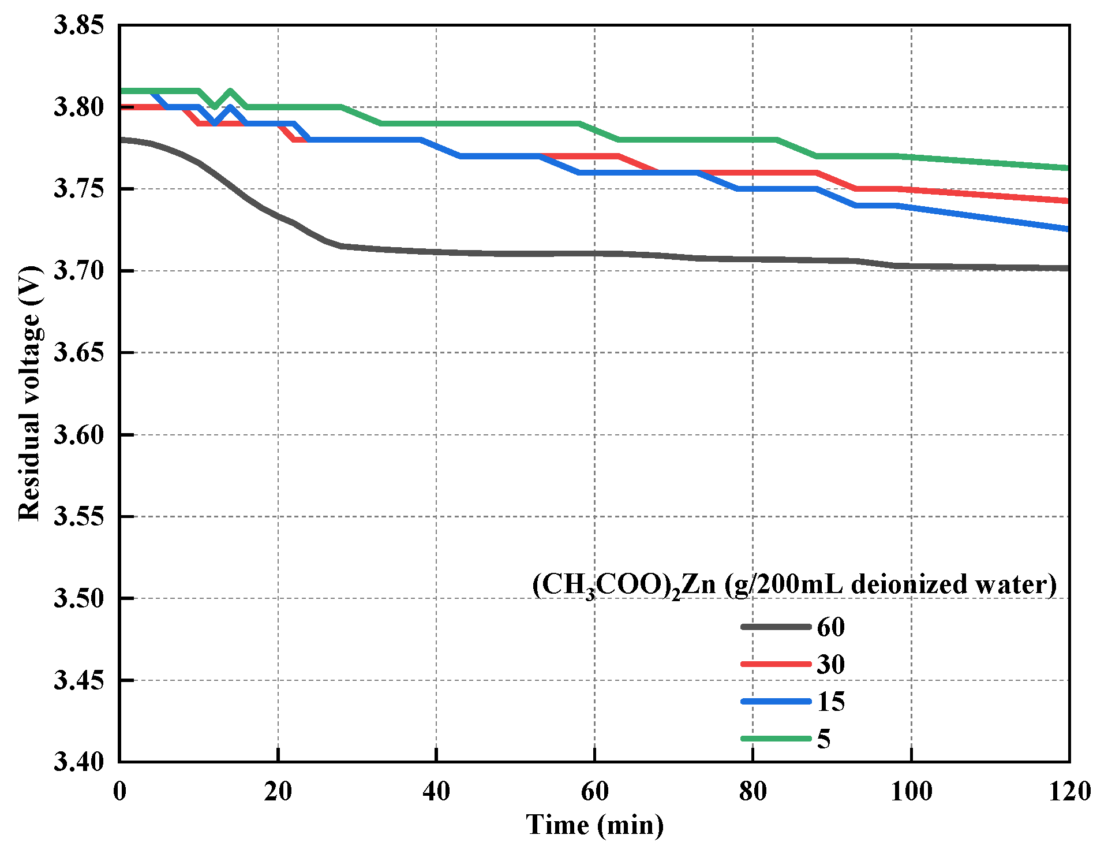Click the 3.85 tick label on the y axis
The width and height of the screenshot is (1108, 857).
tap(79, 25)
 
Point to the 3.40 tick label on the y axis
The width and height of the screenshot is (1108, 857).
tap(79, 762)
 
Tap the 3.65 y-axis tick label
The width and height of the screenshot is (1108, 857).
tap(79, 353)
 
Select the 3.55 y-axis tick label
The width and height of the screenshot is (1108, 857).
tap(79, 516)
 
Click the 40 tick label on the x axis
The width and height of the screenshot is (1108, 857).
tap(436, 791)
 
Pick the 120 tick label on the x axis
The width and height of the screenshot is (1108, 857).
tap(1069, 791)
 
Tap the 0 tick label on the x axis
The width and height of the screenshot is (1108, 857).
tap(119, 791)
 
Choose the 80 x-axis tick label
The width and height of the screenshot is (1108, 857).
tap(753, 791)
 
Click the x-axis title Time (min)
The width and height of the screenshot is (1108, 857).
tap(594, 825)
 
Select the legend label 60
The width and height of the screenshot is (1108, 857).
tap(830, 627)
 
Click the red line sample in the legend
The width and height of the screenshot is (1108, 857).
tap(776, 664)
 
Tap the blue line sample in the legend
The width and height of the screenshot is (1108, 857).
tap(776, 702)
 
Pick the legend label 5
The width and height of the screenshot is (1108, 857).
tap(824, 739)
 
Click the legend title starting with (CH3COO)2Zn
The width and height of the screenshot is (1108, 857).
tap(794, 585)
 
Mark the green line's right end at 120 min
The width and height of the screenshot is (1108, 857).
tap(1068, 168)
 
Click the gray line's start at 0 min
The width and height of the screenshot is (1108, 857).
tap(121, 140)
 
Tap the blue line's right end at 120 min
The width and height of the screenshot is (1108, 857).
tap(1068, 229)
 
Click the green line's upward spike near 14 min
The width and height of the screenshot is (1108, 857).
tap(230, 91)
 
